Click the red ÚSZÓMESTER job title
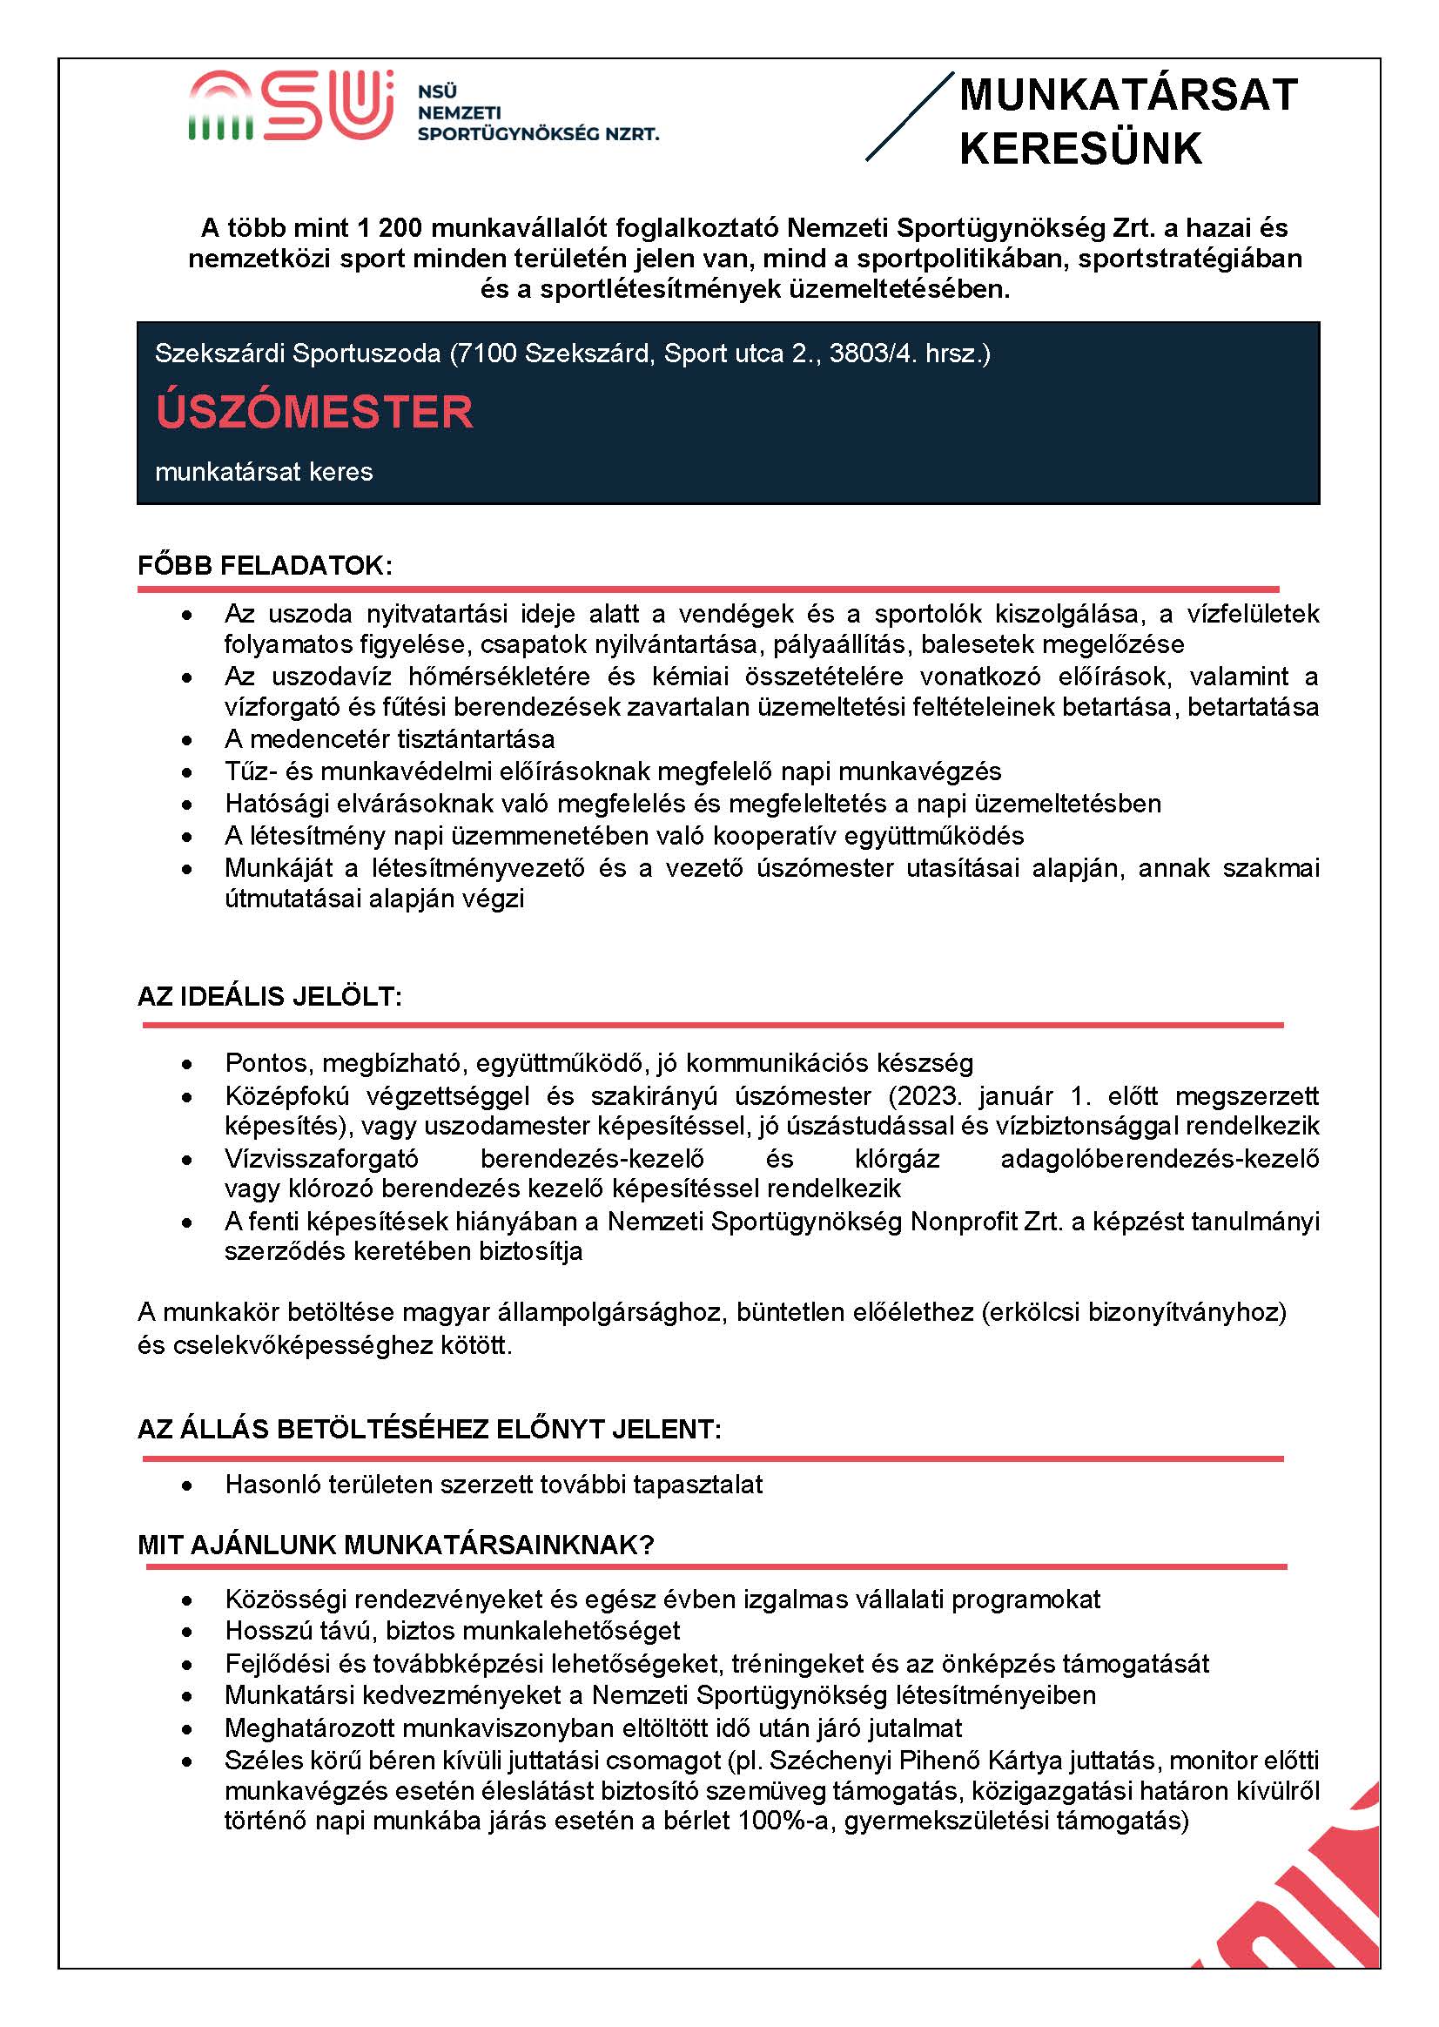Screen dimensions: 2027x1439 click(314, 412)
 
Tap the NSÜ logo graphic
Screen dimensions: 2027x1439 click(291, 106)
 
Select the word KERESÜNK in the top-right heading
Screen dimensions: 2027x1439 click(1080, 149)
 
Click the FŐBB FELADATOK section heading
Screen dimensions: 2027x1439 click(264, 565)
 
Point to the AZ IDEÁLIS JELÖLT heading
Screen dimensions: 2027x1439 click(269, 996)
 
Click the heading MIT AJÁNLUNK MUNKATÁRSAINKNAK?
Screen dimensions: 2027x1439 click(395, 1545)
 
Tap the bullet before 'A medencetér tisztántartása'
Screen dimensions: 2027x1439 click(186, 740)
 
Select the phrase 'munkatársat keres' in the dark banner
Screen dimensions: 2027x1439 click(264, 472)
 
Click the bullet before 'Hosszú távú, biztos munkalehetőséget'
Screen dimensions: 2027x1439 click(186, 1632)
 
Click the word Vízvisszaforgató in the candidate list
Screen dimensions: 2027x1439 click(321, 1158)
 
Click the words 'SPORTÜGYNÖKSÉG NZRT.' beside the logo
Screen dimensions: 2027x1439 click(538, 134)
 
